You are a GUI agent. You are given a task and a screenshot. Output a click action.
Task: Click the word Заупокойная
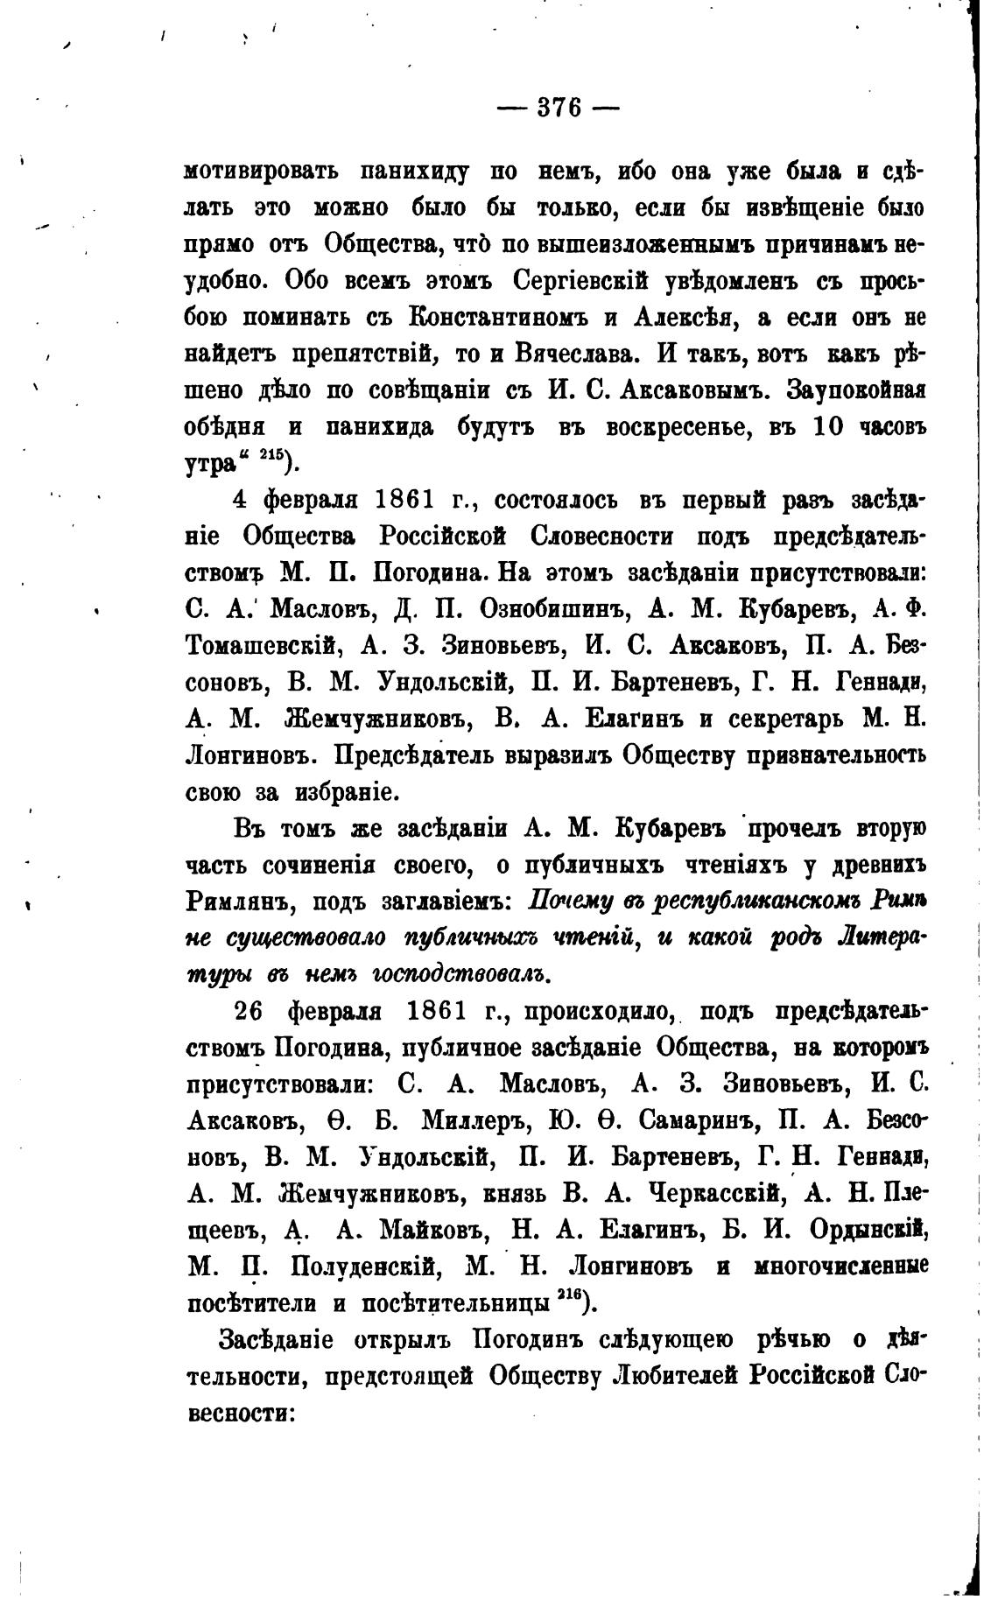coord(857,391)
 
